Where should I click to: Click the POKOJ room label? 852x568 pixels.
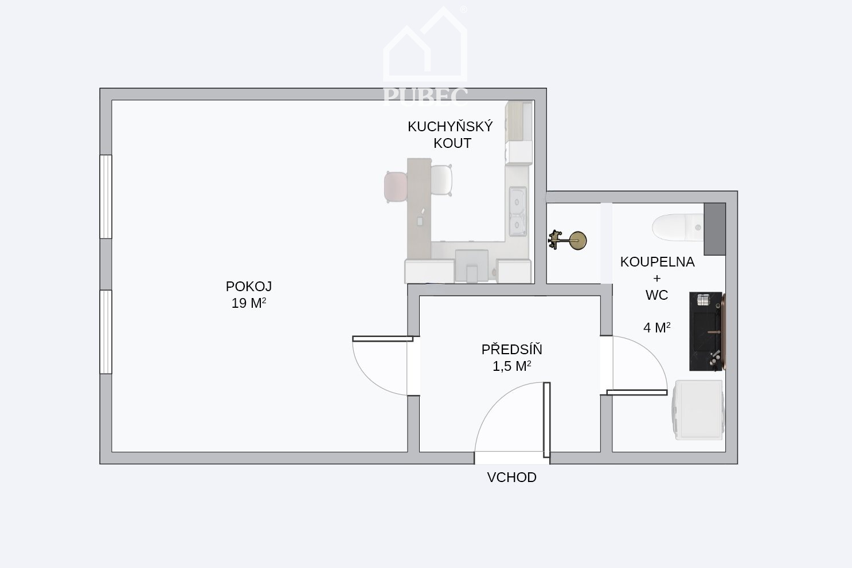(x=249, y=286)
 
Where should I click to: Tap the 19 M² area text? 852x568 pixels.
(x=249, y=303)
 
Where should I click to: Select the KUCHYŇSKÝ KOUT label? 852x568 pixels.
(x=450, y=135)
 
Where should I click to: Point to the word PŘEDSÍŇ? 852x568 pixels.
(x=512, y=349)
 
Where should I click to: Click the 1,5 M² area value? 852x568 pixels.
(x=512, y=366)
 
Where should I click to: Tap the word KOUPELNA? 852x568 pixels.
(x=657, y=262)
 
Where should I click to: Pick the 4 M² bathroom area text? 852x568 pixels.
(x=657, y=327)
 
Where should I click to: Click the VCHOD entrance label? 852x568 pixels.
(x=511, y=477)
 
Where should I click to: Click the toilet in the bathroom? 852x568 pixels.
(x=678, y=228)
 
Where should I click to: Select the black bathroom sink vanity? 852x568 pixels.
(x=708, y=331)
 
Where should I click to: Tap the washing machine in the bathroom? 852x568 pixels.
(x=698, y=410)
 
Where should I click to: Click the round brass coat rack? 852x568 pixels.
(x=568, y=240)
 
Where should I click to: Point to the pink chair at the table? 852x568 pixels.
(x=396, y=187)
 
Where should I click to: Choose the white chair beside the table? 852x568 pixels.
(x=441, y=180)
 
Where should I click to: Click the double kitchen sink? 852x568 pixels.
(x=518, y=211)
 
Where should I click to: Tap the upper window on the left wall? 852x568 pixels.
(x=105, y=197)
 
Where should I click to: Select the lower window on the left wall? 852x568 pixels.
(x=105, y=332)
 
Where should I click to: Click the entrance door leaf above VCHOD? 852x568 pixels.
(x=546, y=420)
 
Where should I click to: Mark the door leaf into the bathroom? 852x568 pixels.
(x=637, y=393)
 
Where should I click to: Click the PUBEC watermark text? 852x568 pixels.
(x=425, y=96)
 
